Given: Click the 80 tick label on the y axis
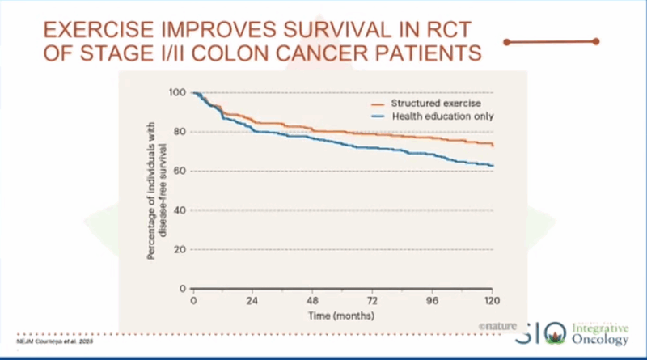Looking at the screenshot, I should point(180,132).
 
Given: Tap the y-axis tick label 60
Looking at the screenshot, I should point(180,171).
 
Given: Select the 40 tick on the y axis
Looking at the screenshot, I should point(180,210).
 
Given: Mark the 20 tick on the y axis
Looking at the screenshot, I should point(180,249).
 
